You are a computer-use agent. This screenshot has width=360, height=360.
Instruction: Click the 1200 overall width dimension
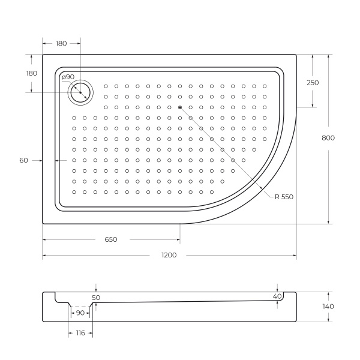(169, 255)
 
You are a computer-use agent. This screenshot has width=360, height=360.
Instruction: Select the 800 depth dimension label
(328, 137)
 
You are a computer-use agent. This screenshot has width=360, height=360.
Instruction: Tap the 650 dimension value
(111, 239)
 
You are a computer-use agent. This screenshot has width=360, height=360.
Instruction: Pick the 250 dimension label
(313, 83)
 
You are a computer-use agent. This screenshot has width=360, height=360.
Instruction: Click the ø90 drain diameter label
(68, 77)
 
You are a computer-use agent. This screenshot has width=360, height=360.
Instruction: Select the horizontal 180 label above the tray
(61, 43)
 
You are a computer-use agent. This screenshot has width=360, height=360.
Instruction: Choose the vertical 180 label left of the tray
(32, 73)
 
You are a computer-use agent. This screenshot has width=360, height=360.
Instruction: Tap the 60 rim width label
(24, 160)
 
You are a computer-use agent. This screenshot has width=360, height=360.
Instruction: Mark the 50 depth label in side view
(96, 297)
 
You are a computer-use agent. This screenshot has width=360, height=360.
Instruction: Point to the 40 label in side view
(277, 296)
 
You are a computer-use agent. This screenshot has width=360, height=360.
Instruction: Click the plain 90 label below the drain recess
(79, 313)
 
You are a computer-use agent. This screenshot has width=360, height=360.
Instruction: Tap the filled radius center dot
(179, 107)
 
